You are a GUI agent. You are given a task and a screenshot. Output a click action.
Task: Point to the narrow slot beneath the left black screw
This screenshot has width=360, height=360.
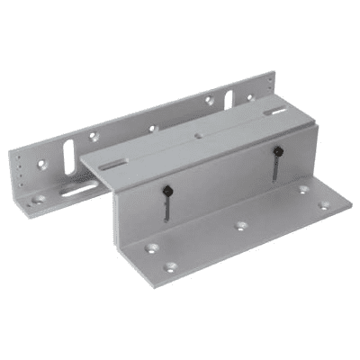tap(166, 208)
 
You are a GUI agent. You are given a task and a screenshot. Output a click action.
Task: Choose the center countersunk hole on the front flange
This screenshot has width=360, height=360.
tap(239, 225)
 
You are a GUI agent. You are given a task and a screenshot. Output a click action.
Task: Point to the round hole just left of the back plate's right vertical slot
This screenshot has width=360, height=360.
tap(209, 102)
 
